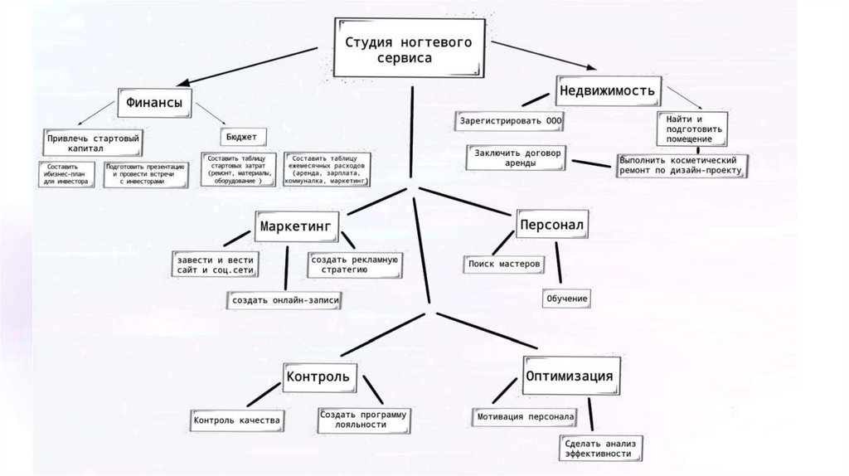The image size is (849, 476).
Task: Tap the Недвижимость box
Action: [x=609, y=89]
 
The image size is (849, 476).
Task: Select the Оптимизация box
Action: [x=570, y=376]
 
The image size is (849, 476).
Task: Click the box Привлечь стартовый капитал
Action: [x=92, y=141]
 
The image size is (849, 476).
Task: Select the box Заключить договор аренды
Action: [x=517, y=158]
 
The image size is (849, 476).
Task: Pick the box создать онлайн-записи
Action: [x=286, y=299]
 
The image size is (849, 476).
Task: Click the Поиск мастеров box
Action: [x=504, y=264]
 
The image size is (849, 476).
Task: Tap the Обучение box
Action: [x=567, y=298]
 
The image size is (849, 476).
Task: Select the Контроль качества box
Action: [x=237, y=420]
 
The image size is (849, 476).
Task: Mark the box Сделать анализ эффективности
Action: [x=601, y=448]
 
